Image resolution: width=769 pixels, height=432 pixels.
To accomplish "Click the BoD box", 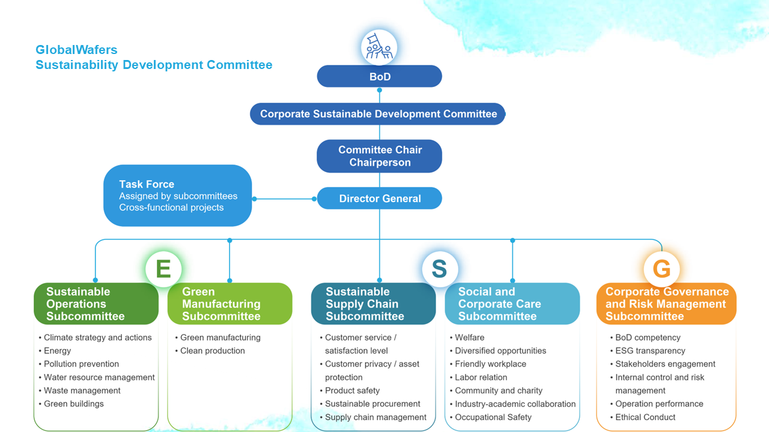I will [379, 77].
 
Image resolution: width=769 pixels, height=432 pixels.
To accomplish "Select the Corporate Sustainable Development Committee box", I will [378, 114].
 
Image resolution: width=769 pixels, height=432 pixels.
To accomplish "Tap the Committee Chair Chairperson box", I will [379, 156].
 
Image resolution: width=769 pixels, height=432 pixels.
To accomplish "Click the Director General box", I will [379, 199].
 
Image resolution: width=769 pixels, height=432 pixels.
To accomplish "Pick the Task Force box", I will [177, 196].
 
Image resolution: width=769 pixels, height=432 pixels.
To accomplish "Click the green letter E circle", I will [163, 268].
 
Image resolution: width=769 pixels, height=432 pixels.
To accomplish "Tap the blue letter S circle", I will [439, 268].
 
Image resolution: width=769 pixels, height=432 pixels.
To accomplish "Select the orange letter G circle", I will [661, 268].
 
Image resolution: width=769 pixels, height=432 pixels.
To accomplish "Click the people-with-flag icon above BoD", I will [379, 47].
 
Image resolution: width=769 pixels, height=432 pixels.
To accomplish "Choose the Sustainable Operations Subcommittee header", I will [96, 304].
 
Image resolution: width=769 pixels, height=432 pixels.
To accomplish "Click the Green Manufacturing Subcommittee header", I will [229, 304].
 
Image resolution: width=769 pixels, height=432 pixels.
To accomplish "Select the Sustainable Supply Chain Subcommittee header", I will [373, 304].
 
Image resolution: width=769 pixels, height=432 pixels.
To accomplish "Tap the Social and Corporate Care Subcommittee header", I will [512, 304].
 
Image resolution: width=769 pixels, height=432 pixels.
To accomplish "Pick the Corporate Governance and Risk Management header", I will [666, 304].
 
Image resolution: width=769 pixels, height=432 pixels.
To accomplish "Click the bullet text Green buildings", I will [73, 404].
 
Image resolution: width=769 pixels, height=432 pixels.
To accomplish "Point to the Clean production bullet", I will [212, 351].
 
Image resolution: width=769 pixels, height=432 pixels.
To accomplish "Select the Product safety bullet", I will [352, 391].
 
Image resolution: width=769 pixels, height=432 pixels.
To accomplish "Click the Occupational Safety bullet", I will [493, 417].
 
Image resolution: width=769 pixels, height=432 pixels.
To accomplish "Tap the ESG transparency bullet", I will [650, 351].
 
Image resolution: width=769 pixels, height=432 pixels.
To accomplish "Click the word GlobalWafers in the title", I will [76, 50].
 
